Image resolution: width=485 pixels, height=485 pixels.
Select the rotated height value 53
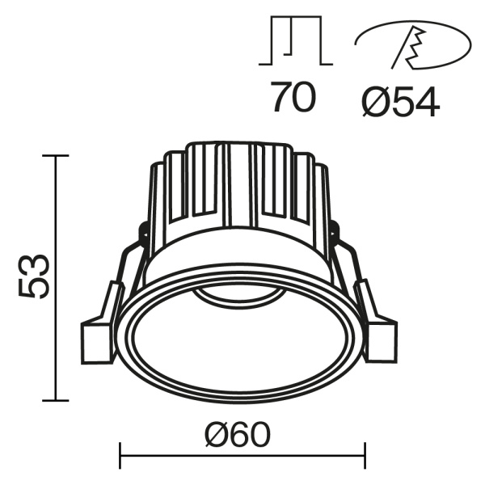click(x=36, y=277)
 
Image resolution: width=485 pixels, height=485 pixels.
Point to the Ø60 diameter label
click(x=237, y=436)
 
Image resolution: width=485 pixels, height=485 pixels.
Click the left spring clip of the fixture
click(x=117, y=283)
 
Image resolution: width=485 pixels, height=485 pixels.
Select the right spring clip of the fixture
click(x=356, y=283)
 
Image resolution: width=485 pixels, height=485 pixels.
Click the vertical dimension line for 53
click(x=56, y=277)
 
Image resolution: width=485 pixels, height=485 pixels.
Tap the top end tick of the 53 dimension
click(x=56, y=155)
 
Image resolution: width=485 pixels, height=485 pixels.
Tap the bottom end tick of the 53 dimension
click(x=56, y=400)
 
